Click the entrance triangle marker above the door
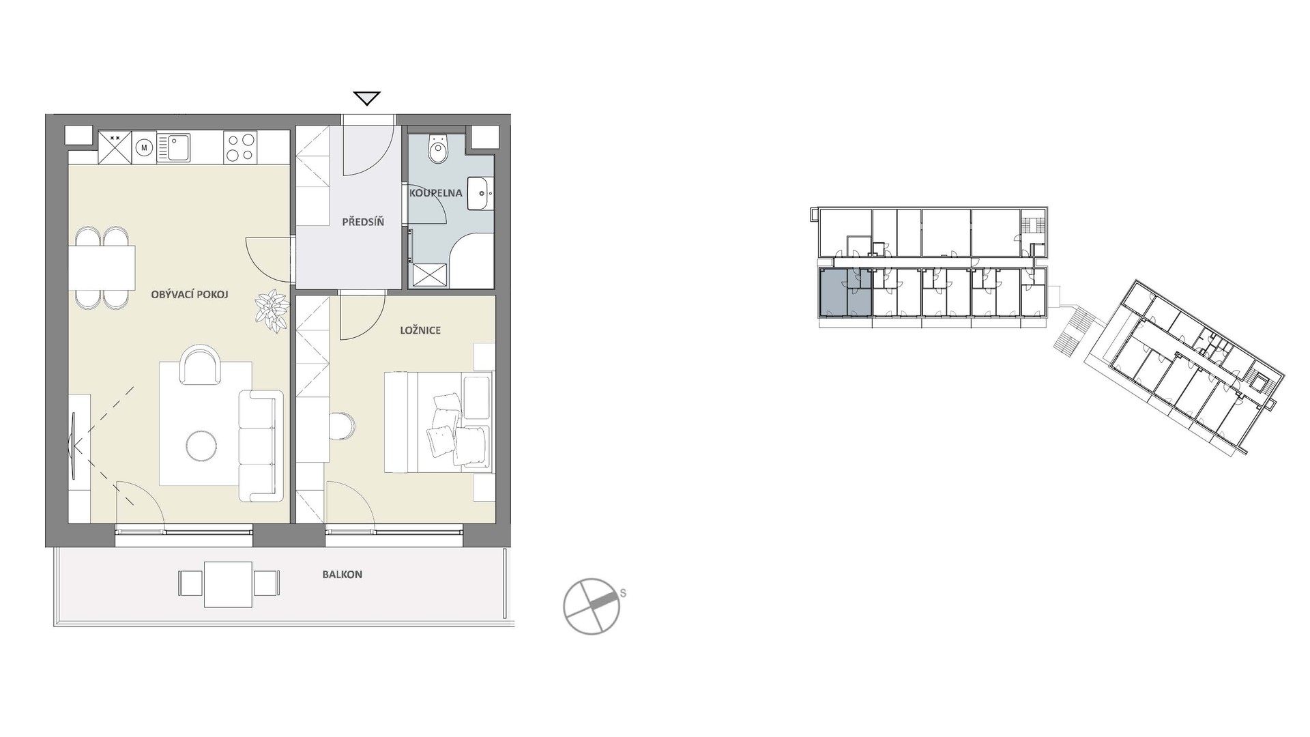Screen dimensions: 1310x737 (x=367, y=98)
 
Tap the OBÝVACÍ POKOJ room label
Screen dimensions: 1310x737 (x=190, y=295)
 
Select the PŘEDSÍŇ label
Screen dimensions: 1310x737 (x=363, y=222)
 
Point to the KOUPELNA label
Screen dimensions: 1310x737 (x=436, y=193)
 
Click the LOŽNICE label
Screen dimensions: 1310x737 (x=420, y=330)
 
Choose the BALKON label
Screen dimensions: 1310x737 (x=343, y=575)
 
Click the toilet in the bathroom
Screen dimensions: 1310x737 (x=437, y=150)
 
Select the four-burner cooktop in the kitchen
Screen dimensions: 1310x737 (x=240, y=147)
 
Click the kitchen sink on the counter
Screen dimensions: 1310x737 (x=174, y=147)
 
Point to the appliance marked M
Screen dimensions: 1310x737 (x=144, y=147)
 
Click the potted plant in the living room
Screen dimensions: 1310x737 (x=272, y=310)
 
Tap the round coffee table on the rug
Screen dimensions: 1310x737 (x=202, y=446)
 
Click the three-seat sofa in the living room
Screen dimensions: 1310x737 (x=261, y=446)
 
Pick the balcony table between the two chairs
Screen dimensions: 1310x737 (x=228, y=584)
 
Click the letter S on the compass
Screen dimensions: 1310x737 (x=623, y=594)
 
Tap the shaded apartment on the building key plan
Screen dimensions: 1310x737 (x=845, y=293)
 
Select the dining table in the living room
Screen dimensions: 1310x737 (x=102, y=268)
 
